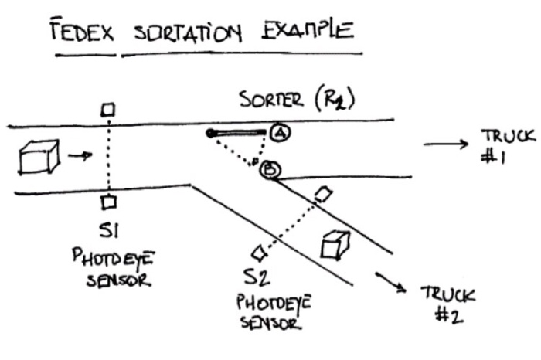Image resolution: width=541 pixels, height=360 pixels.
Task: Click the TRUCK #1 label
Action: click(x=506, y=144)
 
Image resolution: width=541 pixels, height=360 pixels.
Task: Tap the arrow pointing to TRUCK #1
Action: click(x=444, y=144)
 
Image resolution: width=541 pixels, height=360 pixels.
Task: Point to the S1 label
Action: click(x=108, y=229)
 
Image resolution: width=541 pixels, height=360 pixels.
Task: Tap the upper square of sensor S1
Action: click(x=109, y=110)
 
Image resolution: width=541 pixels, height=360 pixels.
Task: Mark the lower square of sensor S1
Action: click(x=109, y=202)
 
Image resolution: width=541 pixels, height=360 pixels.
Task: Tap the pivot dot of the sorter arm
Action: click(x=210, y=134)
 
